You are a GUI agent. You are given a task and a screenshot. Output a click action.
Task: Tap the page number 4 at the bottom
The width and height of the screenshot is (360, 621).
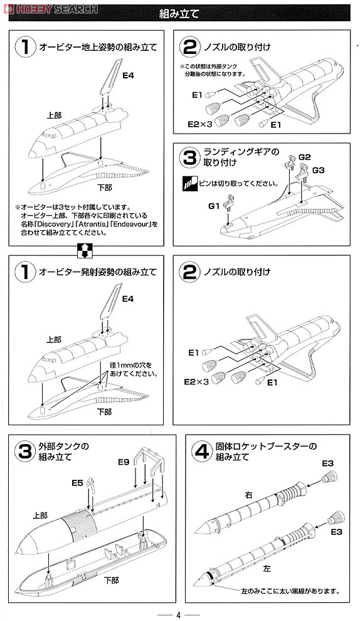pyautogui.click(x=178, y=615)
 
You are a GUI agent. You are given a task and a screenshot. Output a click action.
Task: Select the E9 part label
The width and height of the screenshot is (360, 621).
pyautogui.click(x=124, y=462)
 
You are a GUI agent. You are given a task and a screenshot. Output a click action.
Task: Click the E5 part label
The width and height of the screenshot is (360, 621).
pyautogui.click(x=77, y=483)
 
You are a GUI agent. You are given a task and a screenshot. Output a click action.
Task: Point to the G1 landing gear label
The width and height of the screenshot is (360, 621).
pyautogui.click(x=214, y=206)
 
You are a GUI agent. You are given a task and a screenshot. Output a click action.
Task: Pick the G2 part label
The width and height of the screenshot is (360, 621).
pyautogui.click(x=305, y=157)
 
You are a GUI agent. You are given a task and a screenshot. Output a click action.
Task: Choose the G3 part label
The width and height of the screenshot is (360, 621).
pyautogui.click(x=318, y=170)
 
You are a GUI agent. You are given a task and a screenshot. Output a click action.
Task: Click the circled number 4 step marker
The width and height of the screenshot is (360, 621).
pyautogui.click(x=201, y=451)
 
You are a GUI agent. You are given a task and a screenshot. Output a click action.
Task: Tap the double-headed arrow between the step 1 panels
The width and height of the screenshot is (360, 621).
pyautogui.click(x=85, y=250)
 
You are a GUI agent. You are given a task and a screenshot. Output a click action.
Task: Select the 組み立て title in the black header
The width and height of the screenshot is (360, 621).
pyautogui.click(x=179, y=14)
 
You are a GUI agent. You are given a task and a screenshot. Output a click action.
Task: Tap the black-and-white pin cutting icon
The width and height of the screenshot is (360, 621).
pyautogui.click(x=189, y=183)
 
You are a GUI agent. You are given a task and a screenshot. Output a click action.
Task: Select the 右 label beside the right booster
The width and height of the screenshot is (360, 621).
pyautogui.click(x=249, y=495)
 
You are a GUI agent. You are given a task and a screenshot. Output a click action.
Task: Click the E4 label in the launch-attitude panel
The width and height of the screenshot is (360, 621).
pyautogui.click(x=127, y=299)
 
